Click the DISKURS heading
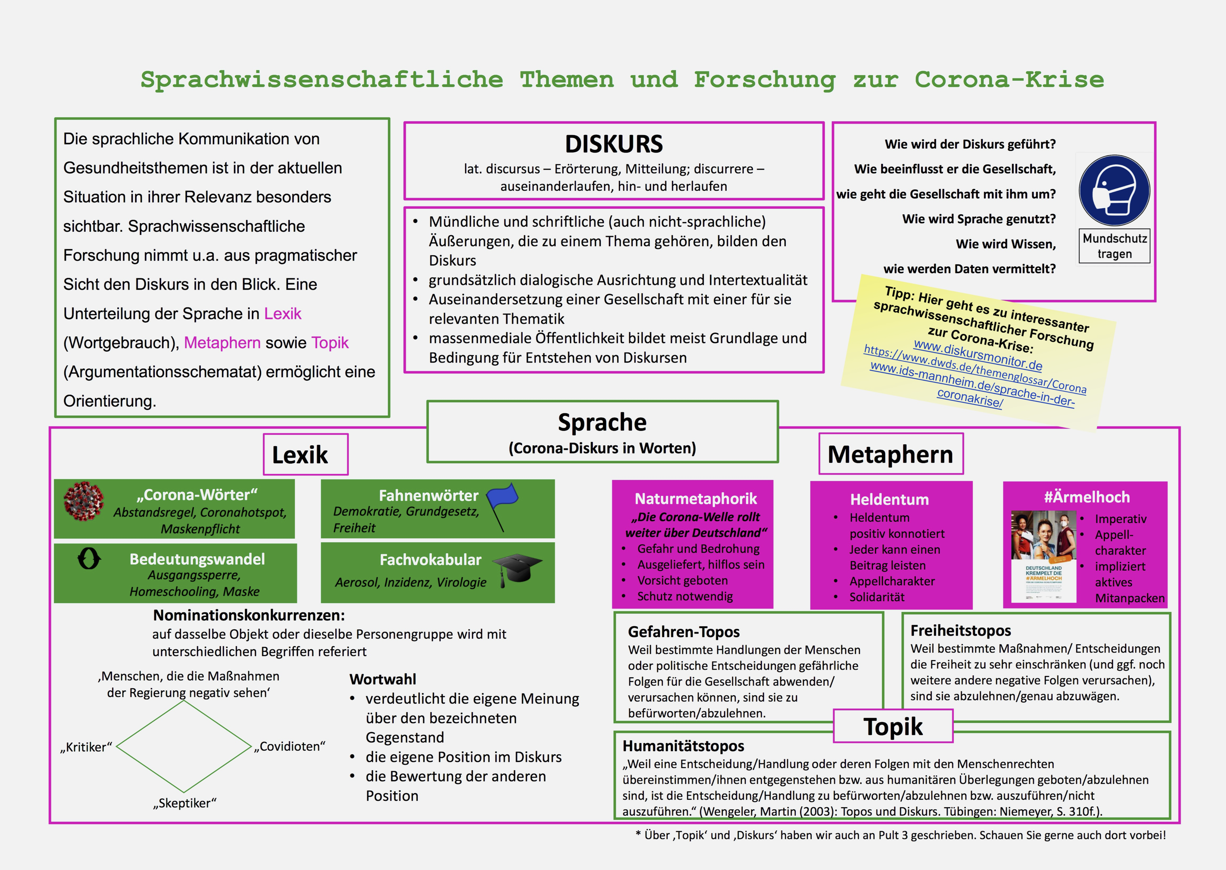click(614, 144)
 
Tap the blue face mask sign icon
click(1114, 191)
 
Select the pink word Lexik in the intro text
click(283, 313)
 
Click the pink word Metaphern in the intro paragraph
click(222, 342)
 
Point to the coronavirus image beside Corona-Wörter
click(83, 501)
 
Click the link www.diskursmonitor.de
click(978, 355)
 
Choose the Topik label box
click(893, 726)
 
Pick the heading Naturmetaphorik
click(695, 499)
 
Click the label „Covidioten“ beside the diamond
click(290, 746)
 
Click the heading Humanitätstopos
click(683, 746)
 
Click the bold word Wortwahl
click(382, 679)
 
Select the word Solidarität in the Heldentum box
click(877, 597)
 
